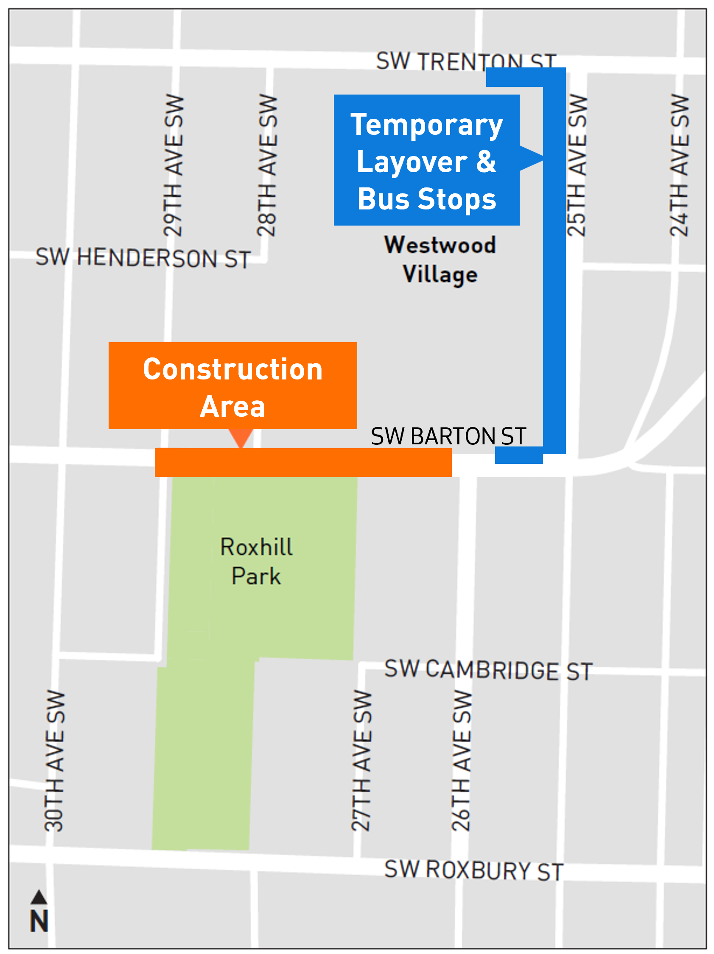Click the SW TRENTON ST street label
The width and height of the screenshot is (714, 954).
click(x=466, y=61)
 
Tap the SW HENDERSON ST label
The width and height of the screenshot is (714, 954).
click(x=143, y=257)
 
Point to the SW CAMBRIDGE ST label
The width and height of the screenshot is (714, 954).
click(x=488, y=670)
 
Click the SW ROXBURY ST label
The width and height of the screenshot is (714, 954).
click(x=474, y=870)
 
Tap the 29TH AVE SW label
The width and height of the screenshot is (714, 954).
click(x=174, y=165)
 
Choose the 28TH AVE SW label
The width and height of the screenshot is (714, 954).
click(x=266, y=165)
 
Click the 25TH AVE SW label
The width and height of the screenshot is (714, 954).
click(x=577, y=165)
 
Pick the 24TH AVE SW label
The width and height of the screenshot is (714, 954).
click(x=680, y=165)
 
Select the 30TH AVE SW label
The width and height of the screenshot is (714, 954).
click(x=55, y=761)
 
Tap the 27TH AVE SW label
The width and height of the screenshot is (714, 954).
click(x=361, y=761)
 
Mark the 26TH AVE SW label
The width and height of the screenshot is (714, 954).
click(x=462, y=761)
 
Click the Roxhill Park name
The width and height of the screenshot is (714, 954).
click(x=256, y=561)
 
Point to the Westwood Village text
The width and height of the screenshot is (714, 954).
click(x=440, y=259)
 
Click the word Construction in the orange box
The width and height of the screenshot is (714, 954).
click(x=233, y=370)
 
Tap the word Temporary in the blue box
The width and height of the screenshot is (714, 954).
click(x=427, y=125)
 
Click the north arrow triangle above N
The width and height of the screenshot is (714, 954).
click(x=39, y=898)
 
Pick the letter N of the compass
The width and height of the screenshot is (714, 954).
click(x=39, y=922)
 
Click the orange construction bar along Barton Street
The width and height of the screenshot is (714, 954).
click(x=303, y=462)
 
